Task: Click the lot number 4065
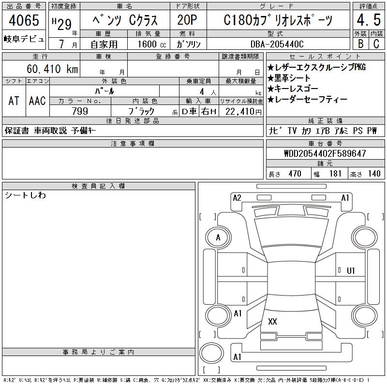24,20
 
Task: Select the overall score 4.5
369,20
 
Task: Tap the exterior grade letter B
360,44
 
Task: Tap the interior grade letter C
376,44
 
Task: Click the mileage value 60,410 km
52,69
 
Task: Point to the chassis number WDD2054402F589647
325,153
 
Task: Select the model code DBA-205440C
277,44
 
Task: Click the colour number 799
80,111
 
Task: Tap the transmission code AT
14,101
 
